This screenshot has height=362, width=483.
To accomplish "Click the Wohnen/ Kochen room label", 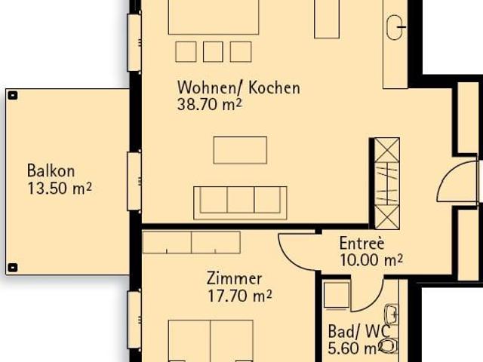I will coord(238,87).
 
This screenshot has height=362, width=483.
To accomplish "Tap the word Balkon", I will coord(51,170).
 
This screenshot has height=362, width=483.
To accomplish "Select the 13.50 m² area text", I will coord(59,188).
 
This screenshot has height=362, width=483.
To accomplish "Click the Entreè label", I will coord(361,244).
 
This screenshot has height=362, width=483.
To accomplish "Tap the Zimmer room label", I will coord(234,278).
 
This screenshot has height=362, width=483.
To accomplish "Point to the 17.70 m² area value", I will coord(240,295).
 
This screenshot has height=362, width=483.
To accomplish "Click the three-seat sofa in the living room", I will coord(240,201).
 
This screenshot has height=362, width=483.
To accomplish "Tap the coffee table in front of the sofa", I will coord(240,149).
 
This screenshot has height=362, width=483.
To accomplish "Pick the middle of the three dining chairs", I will coord(213,51).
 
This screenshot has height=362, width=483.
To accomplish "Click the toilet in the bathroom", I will coord(389,345).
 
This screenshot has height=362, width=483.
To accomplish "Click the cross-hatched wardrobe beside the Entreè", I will coord(386,183).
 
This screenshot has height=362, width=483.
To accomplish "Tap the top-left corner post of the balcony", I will coord(13,95).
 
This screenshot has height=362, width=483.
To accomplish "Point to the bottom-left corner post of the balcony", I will coord(13,268).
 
